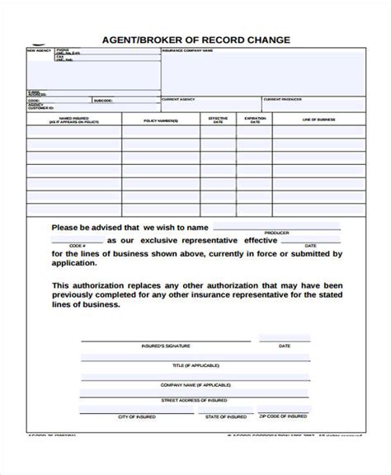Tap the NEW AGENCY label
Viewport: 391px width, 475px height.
tap(39, 52)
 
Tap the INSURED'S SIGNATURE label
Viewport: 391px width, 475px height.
tap(160, 346)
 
